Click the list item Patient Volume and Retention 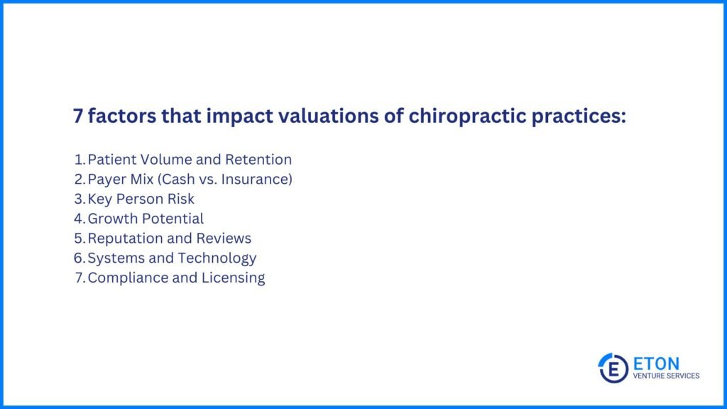[189, 160]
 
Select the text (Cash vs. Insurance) [236, 180]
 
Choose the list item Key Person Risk [141, 200]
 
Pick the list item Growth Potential [145, 219]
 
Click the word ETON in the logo [655, 363]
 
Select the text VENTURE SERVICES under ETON [666, 376]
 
